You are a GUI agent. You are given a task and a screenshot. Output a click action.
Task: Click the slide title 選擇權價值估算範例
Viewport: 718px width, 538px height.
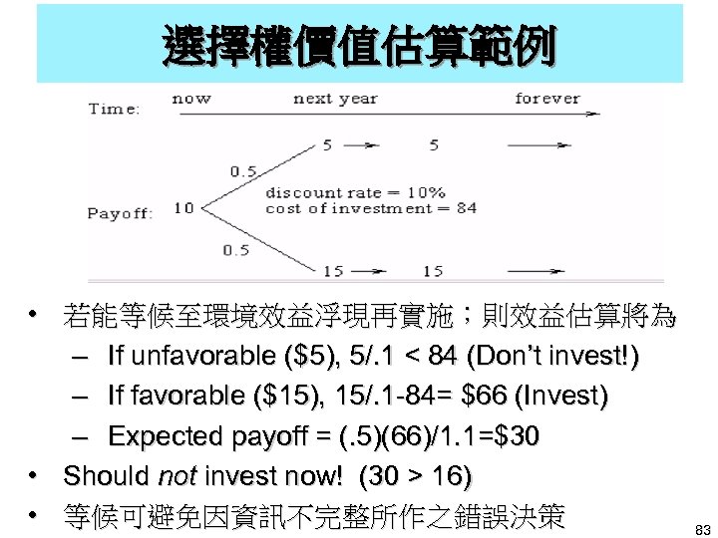[x=359, y=44]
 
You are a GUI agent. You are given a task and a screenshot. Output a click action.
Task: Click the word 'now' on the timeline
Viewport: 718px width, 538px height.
[x=191, y=99]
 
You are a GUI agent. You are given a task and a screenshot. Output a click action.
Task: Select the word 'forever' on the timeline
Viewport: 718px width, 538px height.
[x=546, y=99]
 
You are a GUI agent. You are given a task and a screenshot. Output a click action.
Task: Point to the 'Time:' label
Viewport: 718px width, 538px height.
[x=114, y=109]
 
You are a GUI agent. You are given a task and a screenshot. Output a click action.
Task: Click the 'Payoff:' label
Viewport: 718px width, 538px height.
[x=120, y=213]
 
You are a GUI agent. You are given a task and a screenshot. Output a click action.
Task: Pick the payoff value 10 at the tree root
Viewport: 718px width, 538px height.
[x=183, y=208]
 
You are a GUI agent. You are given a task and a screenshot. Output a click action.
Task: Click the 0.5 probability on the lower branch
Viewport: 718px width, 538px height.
[x=235, y=249]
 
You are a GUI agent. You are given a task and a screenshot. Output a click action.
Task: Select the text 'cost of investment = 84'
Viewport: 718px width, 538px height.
[x=370, y=208]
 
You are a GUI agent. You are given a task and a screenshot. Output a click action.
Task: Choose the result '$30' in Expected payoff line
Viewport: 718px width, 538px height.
[x=511, y=436]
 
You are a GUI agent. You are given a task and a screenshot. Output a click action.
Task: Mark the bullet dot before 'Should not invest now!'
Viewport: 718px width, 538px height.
[x=36, y=476]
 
